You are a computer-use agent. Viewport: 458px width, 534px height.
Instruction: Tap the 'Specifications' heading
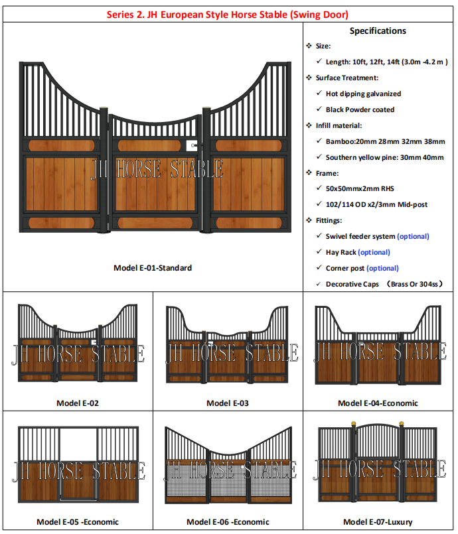click(378, 31)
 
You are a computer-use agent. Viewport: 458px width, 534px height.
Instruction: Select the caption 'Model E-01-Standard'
click(153, 268)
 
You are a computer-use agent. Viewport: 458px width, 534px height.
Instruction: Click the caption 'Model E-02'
click(77, 403)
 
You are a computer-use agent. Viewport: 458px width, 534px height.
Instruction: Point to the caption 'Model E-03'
click(228, 403)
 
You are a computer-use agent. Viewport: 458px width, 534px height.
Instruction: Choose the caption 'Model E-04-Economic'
click(378, 403)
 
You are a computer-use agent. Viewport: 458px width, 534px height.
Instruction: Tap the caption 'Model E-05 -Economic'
click(77, 522)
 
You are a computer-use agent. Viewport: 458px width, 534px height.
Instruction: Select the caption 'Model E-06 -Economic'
click(228, 522)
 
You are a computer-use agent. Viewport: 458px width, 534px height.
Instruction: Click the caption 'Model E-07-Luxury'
click(378, 522)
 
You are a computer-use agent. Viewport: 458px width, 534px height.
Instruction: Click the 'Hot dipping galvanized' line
click(363, 94)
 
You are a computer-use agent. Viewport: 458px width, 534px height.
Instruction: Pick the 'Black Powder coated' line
click(360, 109)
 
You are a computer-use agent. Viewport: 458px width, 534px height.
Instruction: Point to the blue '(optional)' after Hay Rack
click(374, 252)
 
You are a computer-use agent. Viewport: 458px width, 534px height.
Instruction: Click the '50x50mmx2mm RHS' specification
click(358, 188)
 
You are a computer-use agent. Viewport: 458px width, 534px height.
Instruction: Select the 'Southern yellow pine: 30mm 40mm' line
click(384, 157)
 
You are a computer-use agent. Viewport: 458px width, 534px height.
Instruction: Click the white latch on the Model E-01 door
click(192, 143)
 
